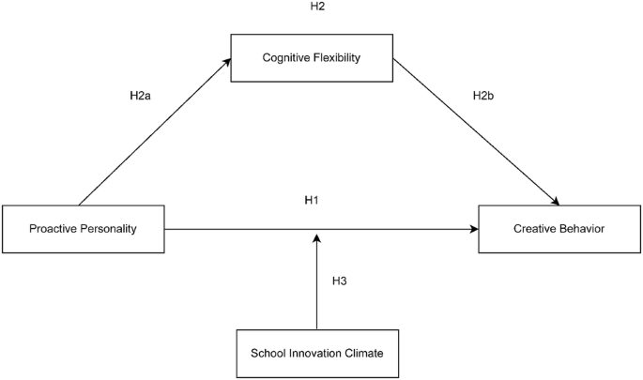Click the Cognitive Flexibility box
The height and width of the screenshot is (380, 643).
click(x=311, y=59)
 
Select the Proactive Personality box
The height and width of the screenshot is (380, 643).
click(x=84, y=229)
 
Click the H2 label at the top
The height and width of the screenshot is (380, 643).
click(x=317, y=8)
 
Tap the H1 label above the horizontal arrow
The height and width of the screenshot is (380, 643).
click(x=312, y=201)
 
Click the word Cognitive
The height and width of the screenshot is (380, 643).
click(x=287, y=59)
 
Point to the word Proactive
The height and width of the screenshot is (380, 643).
click(x=54, y=229)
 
